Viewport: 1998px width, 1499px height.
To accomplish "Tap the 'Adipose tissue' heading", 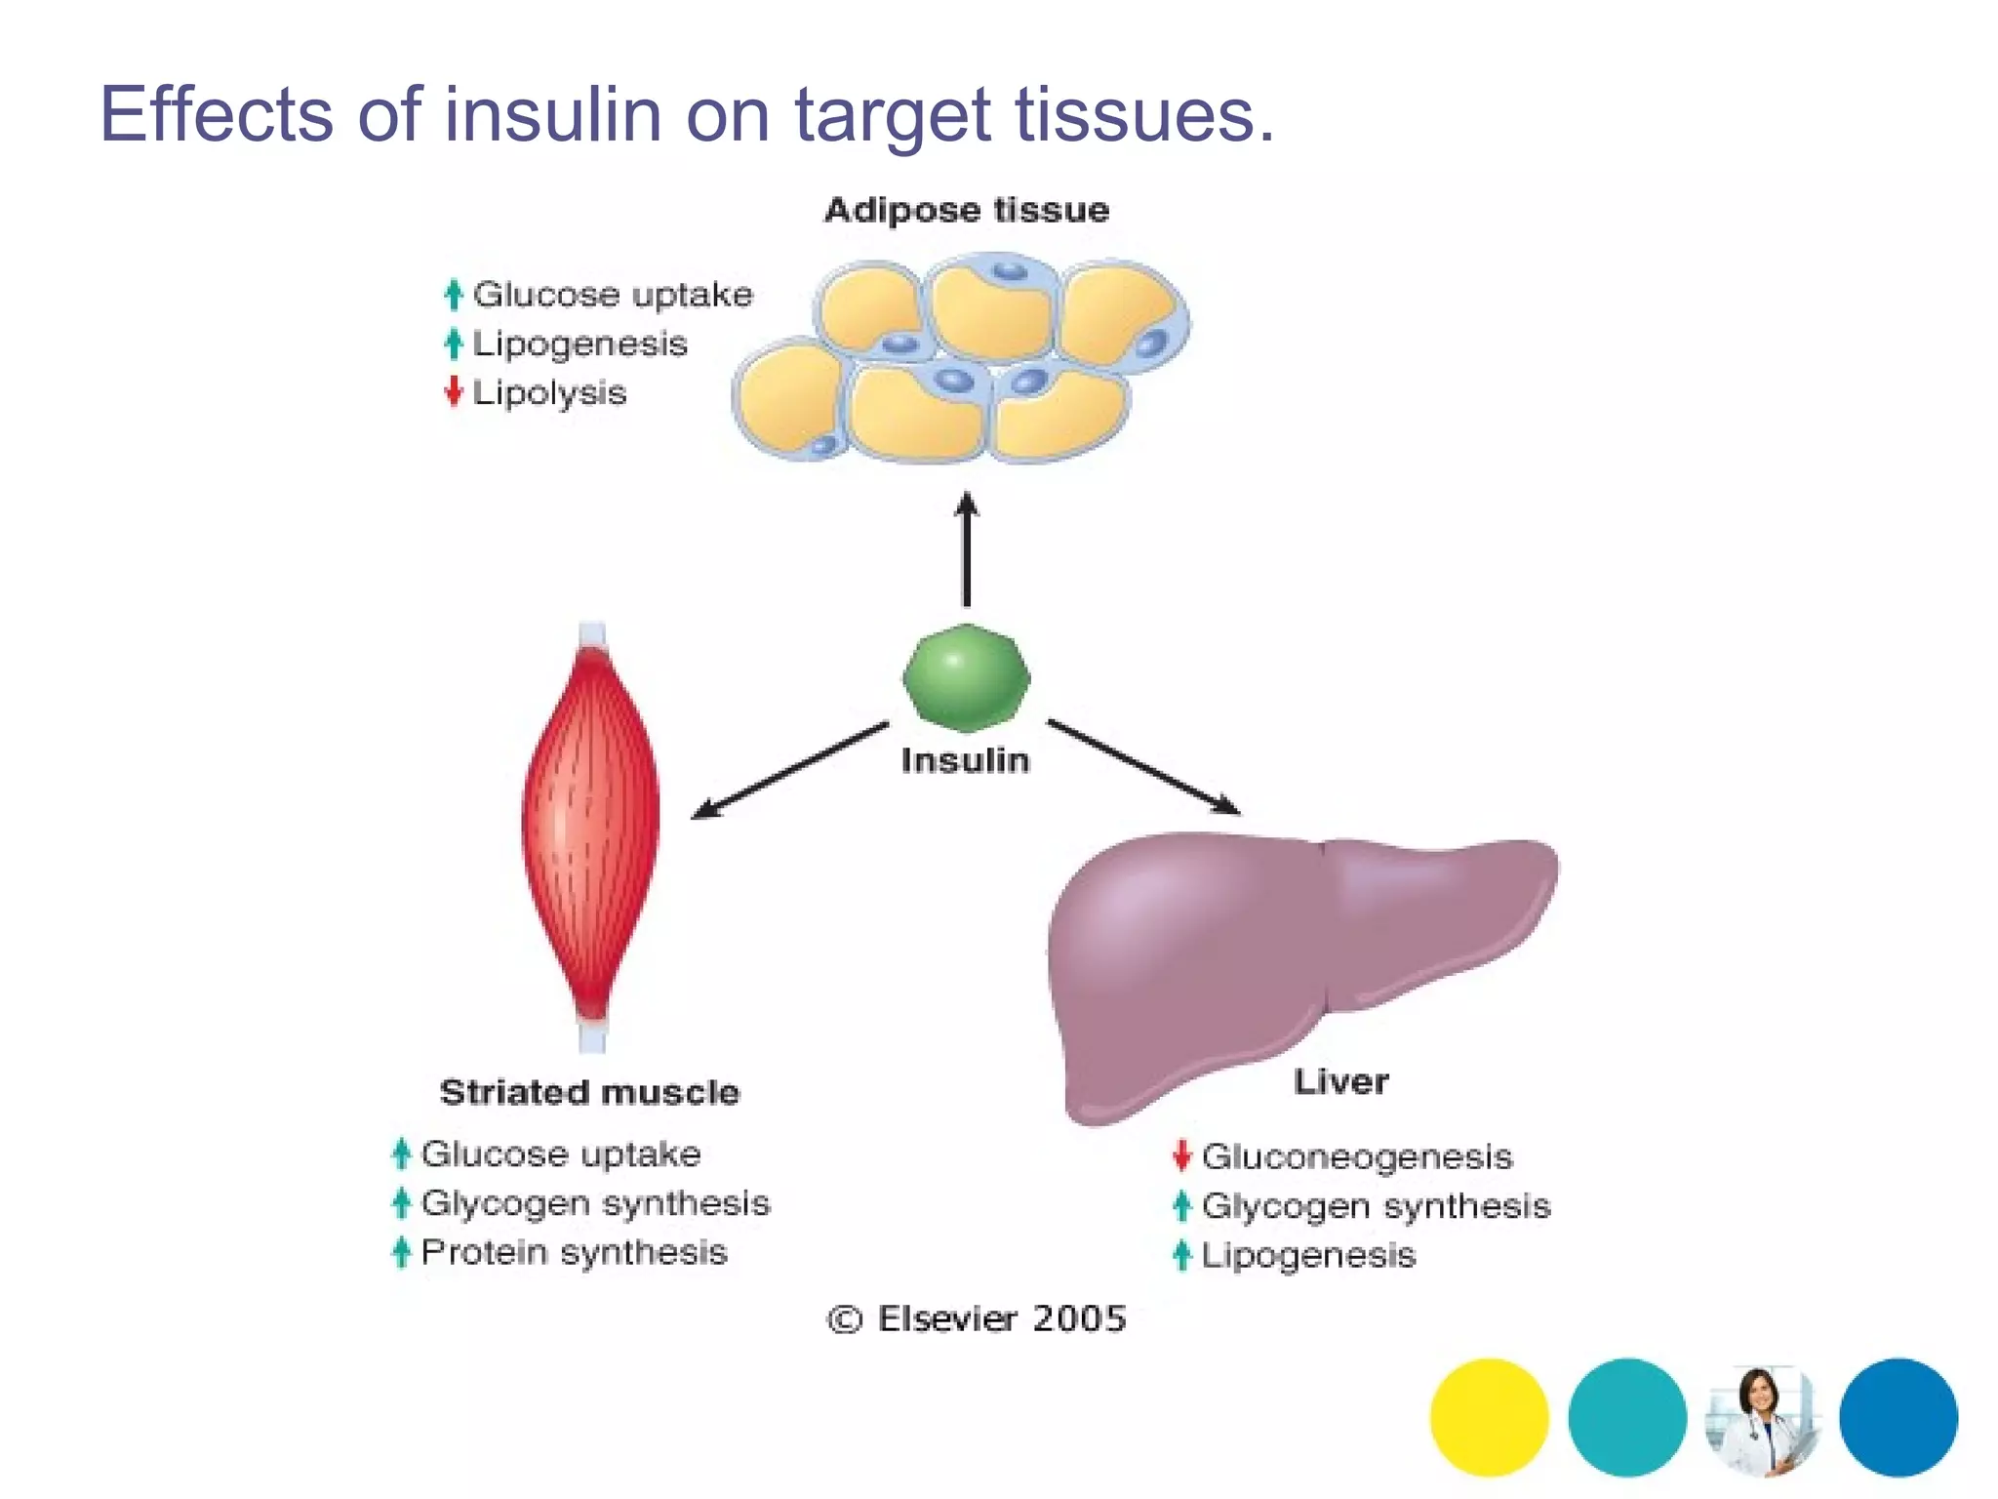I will click(966, 210).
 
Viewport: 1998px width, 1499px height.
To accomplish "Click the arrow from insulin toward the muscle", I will click(790, 770).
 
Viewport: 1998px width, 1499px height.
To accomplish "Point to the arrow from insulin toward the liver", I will click(1142, 767).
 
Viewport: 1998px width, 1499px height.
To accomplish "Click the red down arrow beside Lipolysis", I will click(453, 391).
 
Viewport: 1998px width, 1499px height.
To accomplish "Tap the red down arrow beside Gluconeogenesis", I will click(1181, 1155).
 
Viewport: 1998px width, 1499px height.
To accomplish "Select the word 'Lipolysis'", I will click(549, 393).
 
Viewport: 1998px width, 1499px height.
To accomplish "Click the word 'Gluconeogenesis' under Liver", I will click(1356, 1157).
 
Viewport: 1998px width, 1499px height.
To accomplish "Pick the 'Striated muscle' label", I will click(589, 1092).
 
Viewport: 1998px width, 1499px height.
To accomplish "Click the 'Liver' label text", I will click(1340, 1081).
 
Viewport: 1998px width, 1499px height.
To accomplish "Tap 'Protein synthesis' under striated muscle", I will click(574, 1252).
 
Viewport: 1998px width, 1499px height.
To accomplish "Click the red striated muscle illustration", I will click(590, 830).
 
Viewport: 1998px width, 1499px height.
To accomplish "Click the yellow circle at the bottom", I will click(1489, 1417).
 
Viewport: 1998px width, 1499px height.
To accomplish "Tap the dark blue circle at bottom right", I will click(1898, 1417).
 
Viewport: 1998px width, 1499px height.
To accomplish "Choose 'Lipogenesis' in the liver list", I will click(1307, 1255).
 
